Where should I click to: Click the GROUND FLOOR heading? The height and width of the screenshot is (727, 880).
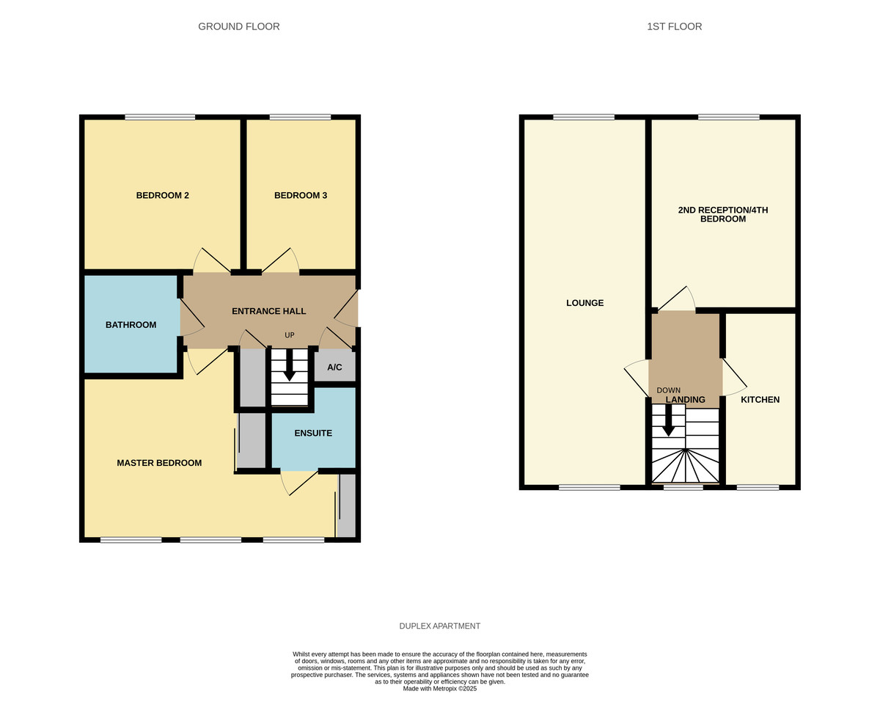point(238,26)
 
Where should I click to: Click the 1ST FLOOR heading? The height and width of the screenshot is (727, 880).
point(674,26)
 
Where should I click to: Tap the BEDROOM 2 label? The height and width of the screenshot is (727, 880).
point(162,195)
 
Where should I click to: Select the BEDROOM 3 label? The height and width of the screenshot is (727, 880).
point(301,195)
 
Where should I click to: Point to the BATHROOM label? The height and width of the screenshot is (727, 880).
point(131,324)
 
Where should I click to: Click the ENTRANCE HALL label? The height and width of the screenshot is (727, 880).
point(269,311)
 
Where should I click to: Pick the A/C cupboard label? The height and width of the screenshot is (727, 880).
point(334,367)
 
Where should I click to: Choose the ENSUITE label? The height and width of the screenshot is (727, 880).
point(313,433)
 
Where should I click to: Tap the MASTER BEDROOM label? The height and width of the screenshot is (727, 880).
point(159,463)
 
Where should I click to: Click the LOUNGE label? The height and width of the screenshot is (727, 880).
point(584,303)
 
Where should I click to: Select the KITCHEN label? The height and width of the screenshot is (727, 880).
point(760,400)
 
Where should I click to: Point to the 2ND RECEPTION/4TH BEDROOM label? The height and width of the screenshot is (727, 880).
point(722,214)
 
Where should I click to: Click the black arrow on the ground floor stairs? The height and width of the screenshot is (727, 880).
point(290,365)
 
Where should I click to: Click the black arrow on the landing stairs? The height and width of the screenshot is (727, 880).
point(668,420)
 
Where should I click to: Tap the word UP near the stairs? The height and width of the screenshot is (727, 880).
point(290,335)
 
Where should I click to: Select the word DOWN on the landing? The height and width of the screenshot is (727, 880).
point(668,390)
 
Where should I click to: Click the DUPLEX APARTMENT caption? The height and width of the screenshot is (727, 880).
point(439,626)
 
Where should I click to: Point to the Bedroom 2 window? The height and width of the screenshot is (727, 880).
point(160,117)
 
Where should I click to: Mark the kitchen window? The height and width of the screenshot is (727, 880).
point(758,487)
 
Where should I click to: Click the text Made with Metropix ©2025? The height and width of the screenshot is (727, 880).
point(439,688)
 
